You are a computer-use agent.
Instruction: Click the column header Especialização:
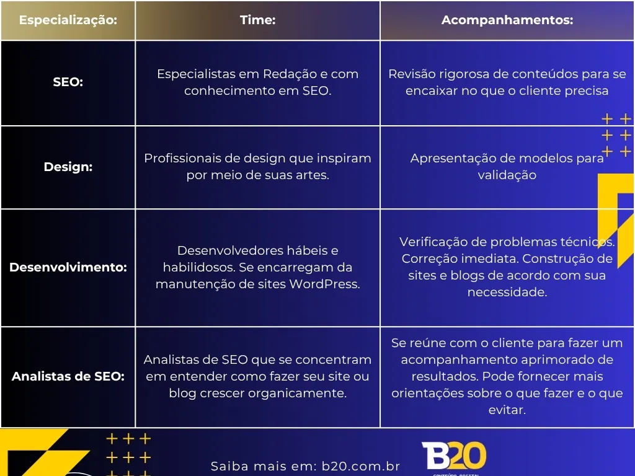68,20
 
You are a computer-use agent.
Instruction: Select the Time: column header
257,20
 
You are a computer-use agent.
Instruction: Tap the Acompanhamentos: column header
507,20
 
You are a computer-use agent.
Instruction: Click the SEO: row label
68,82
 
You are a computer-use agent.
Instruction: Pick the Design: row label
68,167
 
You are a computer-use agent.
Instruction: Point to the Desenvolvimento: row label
68,267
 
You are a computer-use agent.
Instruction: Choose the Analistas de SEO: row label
68,376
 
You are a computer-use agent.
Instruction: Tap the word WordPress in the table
324,284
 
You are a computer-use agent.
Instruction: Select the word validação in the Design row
507,175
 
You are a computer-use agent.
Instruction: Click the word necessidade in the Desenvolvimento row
507,293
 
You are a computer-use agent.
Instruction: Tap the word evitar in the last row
507,410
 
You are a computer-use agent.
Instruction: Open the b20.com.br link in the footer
361,466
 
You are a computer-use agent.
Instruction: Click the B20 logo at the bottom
454,456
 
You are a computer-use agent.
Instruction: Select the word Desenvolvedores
230,250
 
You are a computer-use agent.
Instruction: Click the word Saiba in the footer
229,466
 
